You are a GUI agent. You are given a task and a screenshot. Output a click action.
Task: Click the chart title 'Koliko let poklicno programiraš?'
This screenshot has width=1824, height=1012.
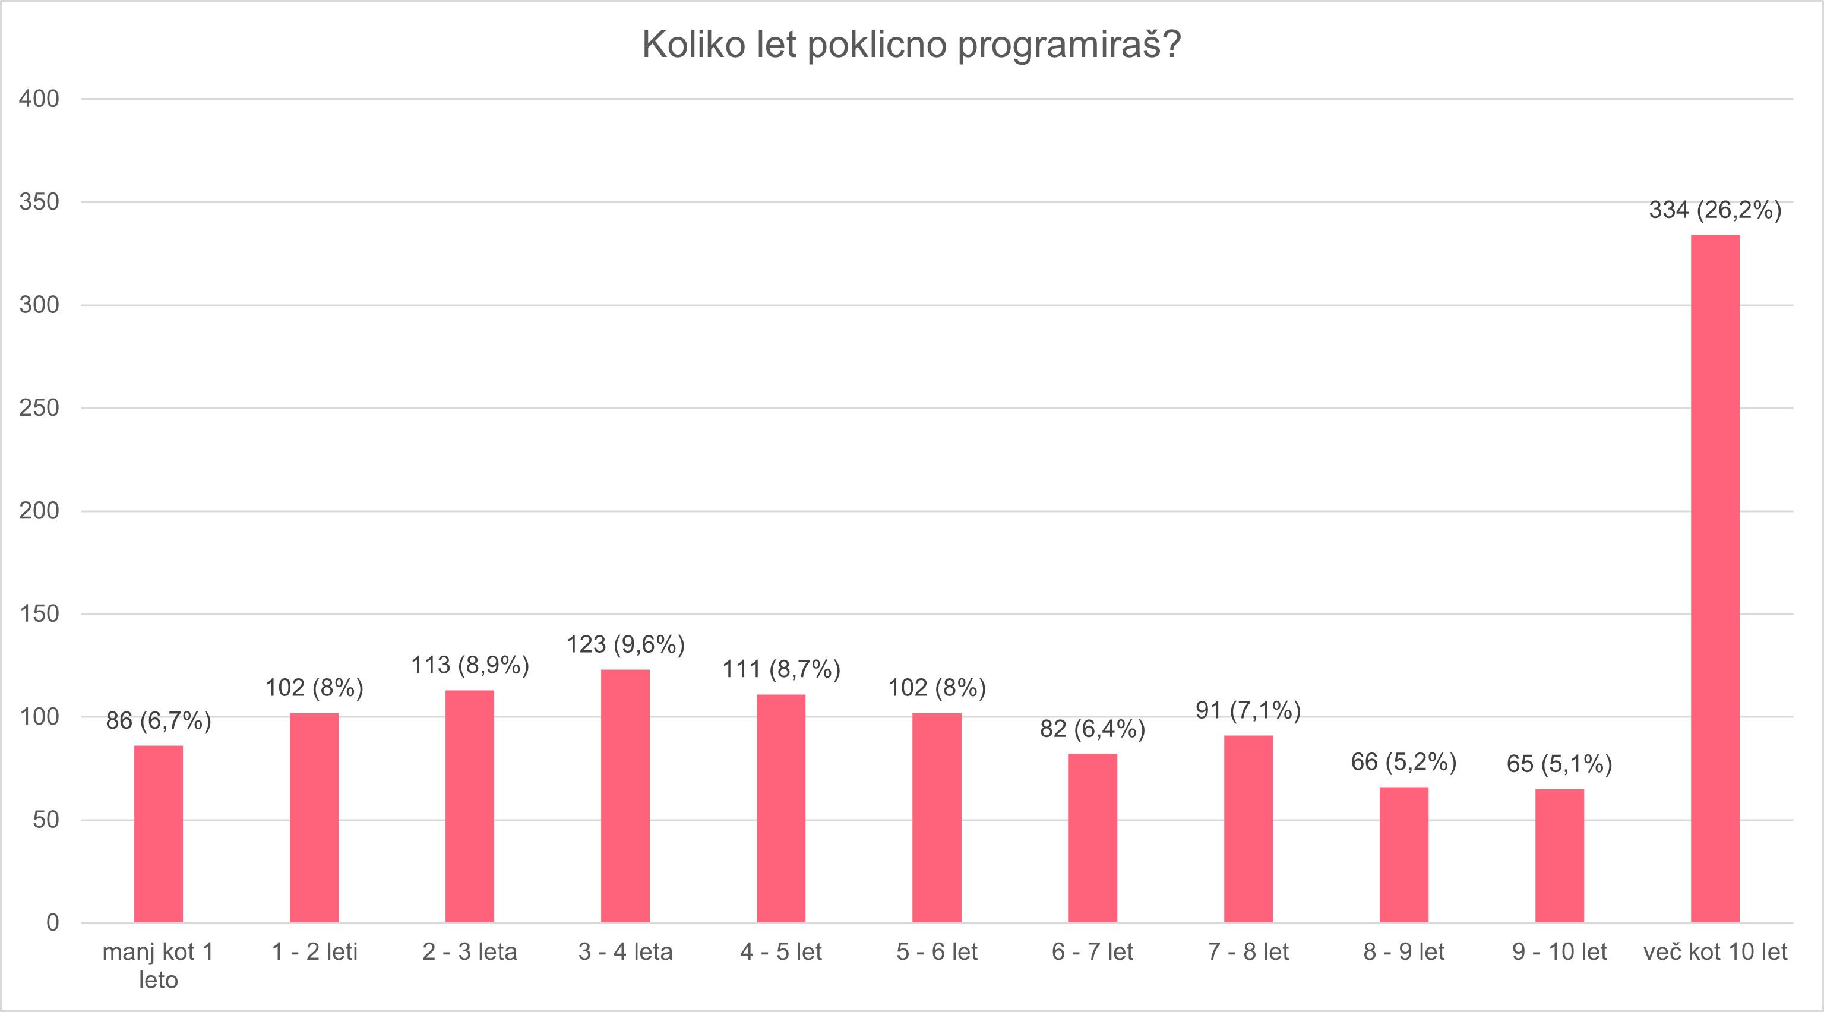911,45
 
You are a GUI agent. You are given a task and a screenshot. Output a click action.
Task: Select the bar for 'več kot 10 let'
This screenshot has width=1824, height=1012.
1714,578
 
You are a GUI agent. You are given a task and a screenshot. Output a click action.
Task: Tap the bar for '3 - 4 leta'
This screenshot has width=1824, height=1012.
625,795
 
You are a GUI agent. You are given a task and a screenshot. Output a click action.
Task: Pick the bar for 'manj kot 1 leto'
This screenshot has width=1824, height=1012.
159,834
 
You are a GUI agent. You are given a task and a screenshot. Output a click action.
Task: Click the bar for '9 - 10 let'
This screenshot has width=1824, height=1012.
1559,855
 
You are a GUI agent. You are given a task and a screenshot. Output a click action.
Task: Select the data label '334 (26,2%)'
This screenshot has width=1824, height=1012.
1714,210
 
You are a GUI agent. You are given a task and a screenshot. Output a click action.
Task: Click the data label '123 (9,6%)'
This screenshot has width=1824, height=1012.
625,644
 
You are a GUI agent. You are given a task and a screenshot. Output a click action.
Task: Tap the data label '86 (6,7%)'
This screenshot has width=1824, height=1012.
159,721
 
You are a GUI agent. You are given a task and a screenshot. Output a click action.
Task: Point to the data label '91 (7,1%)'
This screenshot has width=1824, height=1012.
1248,710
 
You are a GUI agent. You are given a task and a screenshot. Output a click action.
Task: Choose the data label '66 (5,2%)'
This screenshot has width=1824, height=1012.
1403,762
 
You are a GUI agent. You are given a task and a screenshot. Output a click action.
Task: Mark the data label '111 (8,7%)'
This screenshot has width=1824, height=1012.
781,669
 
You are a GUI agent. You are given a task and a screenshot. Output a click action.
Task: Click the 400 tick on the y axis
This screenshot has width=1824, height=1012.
39,99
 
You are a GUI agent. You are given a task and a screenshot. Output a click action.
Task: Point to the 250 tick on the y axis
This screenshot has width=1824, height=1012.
39,408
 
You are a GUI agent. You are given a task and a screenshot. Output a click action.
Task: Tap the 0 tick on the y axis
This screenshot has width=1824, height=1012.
52,922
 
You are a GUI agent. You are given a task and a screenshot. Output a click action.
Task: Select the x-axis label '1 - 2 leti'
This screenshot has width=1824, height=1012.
314,952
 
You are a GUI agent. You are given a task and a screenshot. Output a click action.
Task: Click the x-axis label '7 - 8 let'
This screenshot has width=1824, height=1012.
1248,952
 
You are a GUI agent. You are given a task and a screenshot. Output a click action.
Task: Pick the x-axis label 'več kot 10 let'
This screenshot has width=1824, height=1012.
1714,952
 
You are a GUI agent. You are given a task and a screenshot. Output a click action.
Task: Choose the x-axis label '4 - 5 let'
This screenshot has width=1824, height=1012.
781,952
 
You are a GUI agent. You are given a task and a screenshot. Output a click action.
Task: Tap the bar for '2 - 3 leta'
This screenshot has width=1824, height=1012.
469,806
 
